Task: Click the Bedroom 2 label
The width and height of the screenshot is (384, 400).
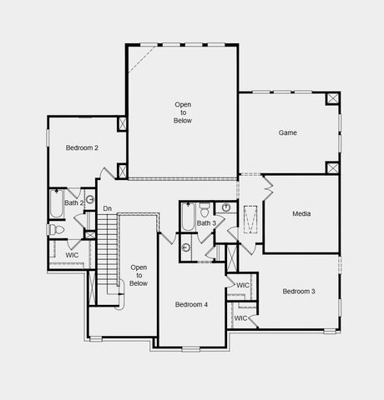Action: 83,147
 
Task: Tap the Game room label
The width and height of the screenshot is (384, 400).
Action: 288,132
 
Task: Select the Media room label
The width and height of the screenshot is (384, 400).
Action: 301,214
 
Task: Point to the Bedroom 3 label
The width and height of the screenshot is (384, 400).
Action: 298,291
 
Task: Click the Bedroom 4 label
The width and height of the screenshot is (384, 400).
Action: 191,304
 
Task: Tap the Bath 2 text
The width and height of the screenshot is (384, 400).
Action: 74,202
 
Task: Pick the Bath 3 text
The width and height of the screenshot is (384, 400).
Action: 206,222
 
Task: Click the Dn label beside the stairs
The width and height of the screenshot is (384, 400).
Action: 107,208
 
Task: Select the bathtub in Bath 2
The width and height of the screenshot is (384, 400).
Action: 56,202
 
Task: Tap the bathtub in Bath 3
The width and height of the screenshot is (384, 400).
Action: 188,219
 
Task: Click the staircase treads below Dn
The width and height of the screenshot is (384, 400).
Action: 109,250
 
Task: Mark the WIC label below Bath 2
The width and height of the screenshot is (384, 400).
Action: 73,255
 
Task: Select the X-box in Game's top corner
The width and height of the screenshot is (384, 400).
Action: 332,99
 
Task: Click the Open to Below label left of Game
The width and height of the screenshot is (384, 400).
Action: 183,112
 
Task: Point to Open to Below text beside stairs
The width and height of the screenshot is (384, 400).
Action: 139,275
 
